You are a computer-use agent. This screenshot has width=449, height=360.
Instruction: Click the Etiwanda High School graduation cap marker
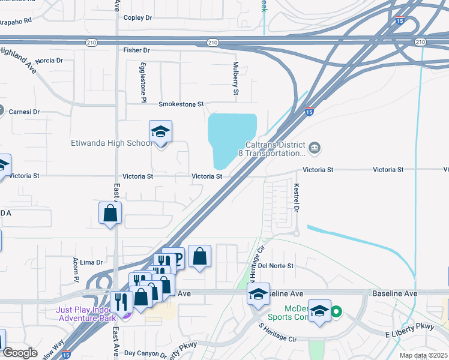pos(160,131)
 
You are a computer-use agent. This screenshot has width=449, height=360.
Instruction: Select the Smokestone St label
pos(181,104)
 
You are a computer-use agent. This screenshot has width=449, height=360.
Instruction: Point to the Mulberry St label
pos(235,78)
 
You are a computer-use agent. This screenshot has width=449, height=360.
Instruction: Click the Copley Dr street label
pos(137,18)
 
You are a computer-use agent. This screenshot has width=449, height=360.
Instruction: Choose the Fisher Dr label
pos(136,50)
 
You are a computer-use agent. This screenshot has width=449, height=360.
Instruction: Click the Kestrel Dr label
pos(296,197)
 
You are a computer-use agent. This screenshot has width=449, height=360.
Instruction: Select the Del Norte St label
pos(275,265)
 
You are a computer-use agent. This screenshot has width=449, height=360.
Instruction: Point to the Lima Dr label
pos(92,262)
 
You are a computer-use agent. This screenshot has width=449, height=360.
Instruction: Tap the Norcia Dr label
pos(49,61)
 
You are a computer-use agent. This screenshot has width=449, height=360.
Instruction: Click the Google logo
pos(20,353)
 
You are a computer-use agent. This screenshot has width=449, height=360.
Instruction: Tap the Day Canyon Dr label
pos(145,354)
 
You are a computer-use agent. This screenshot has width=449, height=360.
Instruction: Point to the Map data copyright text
pos(424,355)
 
